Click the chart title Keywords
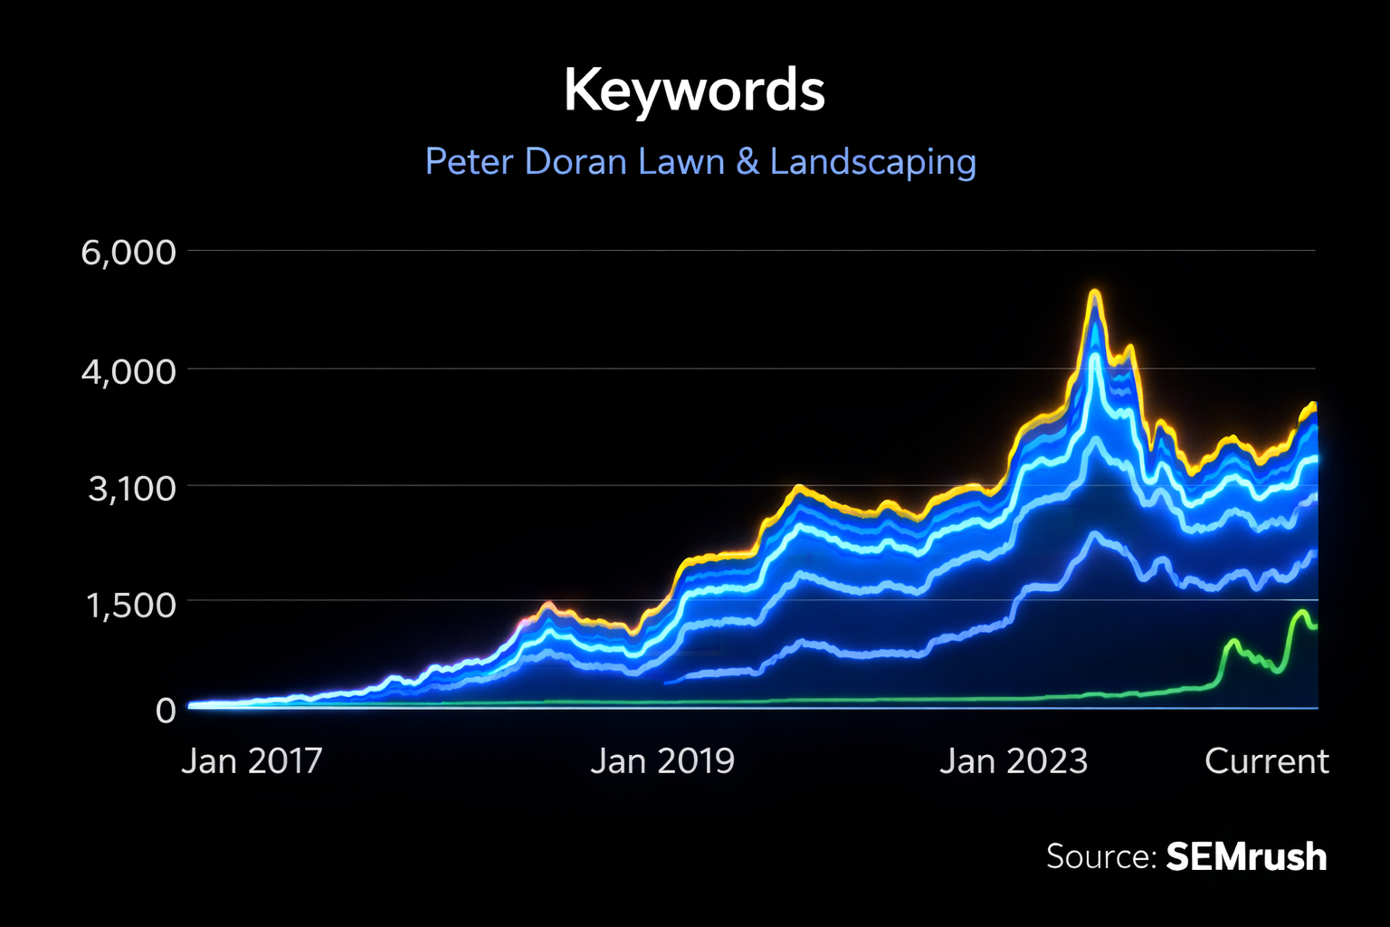point(694,91)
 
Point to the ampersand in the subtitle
point(747,162)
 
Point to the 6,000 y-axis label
point(129,252)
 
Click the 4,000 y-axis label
point(129,370)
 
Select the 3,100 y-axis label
point(131,488)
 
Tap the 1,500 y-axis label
point(131,605)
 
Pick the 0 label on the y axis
point(166,711)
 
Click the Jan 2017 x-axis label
point(252,761)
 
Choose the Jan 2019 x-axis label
point(662,761)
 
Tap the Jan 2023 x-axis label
point(1014,761)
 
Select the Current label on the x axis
point(1266,761)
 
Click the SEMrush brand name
point(1246,856)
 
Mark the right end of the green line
point(1316,626)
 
